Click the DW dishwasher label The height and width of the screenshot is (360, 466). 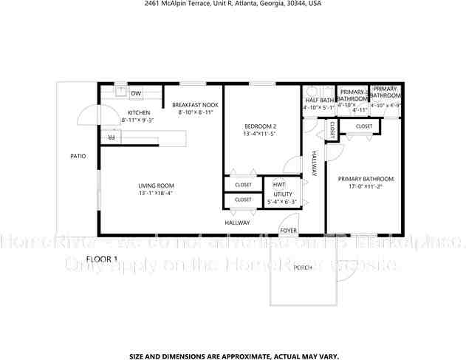coord(136,93)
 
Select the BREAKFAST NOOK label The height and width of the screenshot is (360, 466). coord(195,105)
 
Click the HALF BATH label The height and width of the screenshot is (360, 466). coord(319,101)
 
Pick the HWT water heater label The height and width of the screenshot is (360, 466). coord(279,184)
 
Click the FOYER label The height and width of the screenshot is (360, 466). coord(288,230)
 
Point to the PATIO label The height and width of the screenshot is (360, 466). coord(78,156)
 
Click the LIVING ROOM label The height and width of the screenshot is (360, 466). coord(156,186)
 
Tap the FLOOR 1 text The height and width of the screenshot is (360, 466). coord(102,259)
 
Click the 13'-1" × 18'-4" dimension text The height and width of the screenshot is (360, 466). coord(156,194)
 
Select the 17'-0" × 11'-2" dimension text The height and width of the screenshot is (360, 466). coord(366,186)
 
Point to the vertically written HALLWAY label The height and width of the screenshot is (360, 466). coord(314,163)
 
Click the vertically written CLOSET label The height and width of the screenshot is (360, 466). coord(333,131)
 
